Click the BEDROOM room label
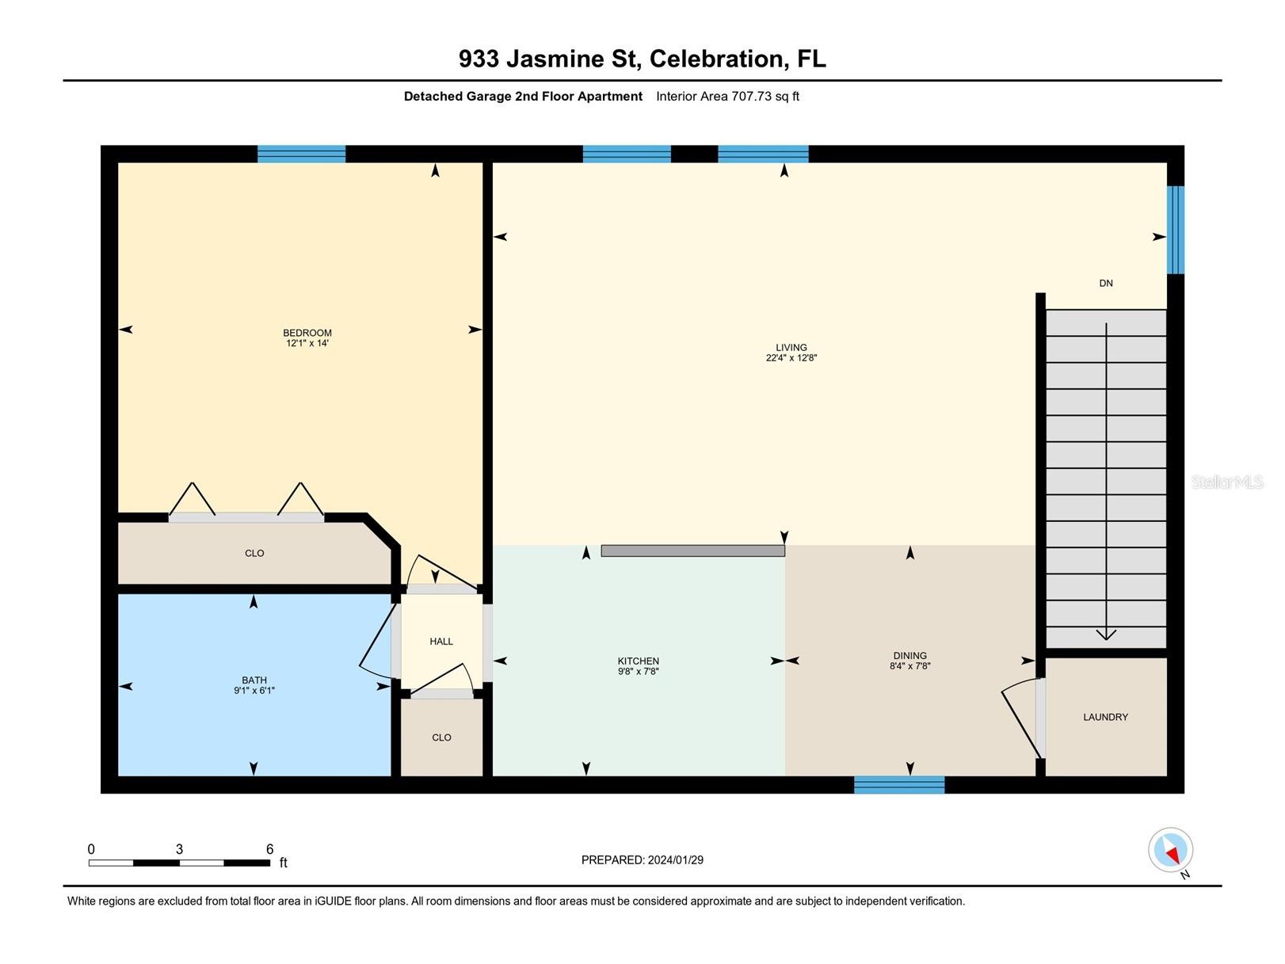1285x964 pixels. coord(307,333)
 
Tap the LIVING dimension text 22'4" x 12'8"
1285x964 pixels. coord(791,358)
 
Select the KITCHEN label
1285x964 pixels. coord(638,661)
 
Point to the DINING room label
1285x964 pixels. coord(909,655)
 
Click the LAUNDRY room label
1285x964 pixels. coord(1105,717)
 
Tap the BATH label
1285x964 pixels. coord(254,680)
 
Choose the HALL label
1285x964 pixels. coord(441,641)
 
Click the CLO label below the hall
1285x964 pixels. coord(441,737)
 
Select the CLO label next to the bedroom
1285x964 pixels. coord(254,553)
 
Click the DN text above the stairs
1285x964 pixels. coord(1106,283)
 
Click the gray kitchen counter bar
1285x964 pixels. coord(692,551)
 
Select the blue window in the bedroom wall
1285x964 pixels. coord(301,154)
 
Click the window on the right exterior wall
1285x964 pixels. coord(1176,230)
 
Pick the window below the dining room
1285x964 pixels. coord(899,785)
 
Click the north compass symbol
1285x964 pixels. coord(1170,851)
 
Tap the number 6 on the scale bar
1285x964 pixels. coord(269,849)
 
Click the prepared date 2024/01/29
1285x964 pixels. coord(675,859)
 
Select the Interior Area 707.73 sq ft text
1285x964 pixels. coord(727,97)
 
